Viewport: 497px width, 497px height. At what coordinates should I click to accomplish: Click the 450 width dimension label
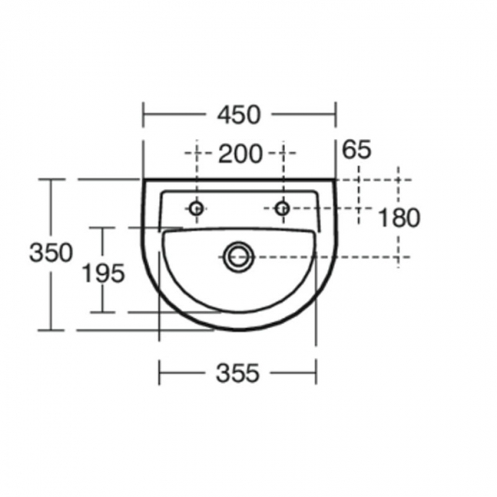point(239,115)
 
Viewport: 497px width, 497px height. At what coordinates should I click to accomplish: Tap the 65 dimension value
point(356,150)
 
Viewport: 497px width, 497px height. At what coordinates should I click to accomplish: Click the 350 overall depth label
point(50,252)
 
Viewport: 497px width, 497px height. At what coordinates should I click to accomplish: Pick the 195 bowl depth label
point(103,273)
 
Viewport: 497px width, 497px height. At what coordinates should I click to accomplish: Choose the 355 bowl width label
point(237,373)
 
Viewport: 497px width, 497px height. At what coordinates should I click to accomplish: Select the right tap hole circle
point(282,208)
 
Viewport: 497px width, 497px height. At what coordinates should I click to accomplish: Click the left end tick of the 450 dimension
point(144,115)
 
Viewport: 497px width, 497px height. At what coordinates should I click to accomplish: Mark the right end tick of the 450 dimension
point(336,115)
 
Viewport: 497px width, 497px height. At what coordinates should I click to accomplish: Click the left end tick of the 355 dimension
point(159,373)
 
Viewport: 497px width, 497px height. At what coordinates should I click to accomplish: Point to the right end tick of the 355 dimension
point(316,373)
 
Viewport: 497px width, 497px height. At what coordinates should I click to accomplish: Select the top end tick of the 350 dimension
point(52,180)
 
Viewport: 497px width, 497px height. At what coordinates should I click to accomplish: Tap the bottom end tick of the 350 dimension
point(52,330)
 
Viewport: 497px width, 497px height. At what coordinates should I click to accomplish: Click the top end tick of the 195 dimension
point(103,228)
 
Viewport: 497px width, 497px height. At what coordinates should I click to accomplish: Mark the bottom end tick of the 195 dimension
point(103,312)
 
